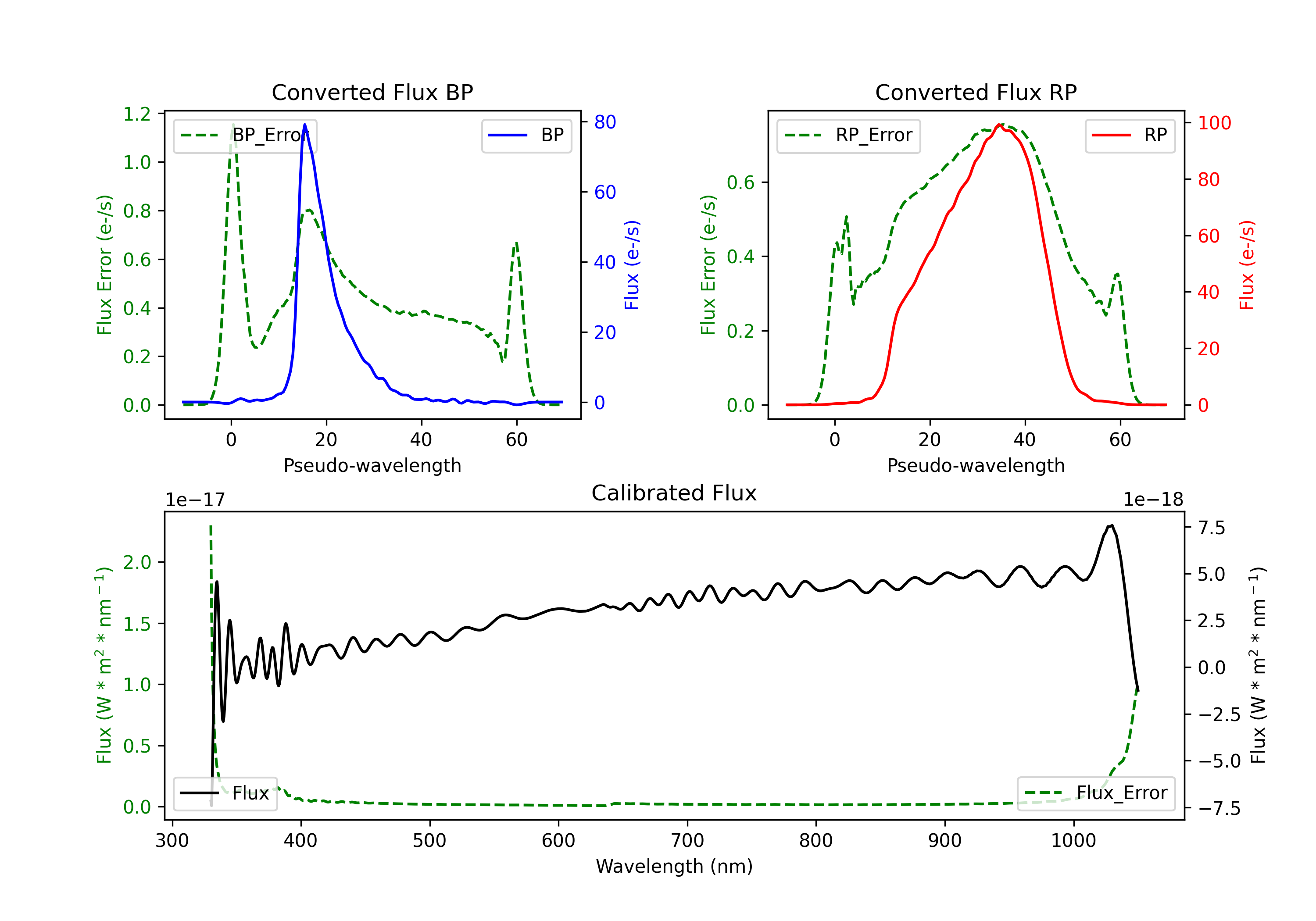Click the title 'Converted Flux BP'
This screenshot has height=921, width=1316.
coord(372,92)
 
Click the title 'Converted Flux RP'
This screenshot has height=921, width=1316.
coord(976,92)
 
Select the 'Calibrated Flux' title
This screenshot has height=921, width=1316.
coord(674,493)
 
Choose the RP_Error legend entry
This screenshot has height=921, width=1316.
coord(848,135)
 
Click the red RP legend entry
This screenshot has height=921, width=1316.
coord(1130,135)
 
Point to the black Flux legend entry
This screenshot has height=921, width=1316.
coord(225,793)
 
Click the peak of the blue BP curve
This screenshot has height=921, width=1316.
coord(305,125)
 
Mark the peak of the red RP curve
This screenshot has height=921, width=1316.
coord(999,125)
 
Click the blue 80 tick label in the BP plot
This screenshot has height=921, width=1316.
coord(605,121)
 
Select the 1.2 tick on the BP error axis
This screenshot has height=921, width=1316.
coord(137,114)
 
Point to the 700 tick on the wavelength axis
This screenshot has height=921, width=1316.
coord(687,840)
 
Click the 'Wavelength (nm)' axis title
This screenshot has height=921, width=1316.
coord(674,866)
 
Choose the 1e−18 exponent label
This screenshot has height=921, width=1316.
coord(1153,500)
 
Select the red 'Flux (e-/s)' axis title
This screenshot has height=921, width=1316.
coord(1247,265)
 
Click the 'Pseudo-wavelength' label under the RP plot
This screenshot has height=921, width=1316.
coord(976,465)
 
